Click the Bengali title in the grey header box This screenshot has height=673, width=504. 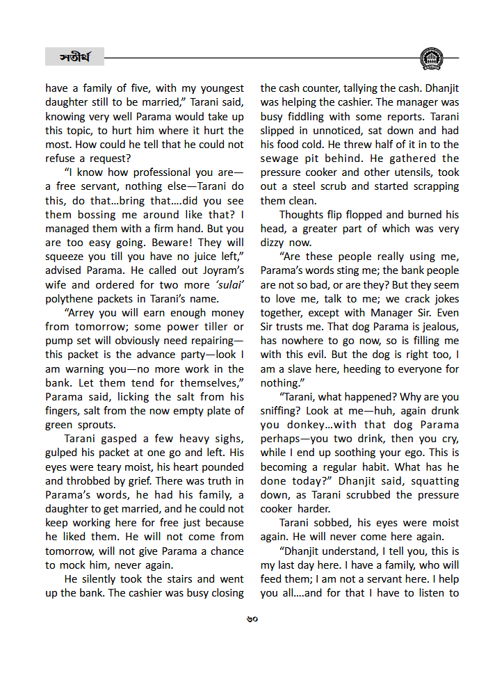74,56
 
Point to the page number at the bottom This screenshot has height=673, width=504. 252,619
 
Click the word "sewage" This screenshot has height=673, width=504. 280,159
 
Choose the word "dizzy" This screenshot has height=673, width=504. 275,243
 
